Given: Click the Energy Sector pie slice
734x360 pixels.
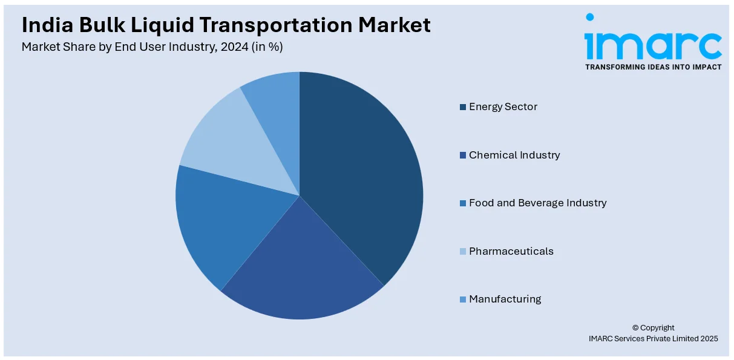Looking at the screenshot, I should tap(363, 175).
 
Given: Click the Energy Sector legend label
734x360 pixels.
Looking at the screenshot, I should tap(503, 107).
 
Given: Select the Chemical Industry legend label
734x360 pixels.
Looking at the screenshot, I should tap(514, 155).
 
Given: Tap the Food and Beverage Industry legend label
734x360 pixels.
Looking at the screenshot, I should tap(537, 203).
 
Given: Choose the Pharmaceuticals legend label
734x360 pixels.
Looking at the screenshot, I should tap(511, 251).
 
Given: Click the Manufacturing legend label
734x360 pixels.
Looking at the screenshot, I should tap(505, 299).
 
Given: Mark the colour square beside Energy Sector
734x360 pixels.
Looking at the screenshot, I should tap(463, 107).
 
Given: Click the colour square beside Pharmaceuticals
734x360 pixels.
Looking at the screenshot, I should tap(463, 251).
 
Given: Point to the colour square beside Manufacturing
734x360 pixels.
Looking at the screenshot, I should tap(463, 299).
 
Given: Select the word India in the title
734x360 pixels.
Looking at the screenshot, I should tap(44, 25).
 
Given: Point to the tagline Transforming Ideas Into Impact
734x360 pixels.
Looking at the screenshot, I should tap(653, 67).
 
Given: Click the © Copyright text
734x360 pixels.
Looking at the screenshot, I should tap(653, 328).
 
